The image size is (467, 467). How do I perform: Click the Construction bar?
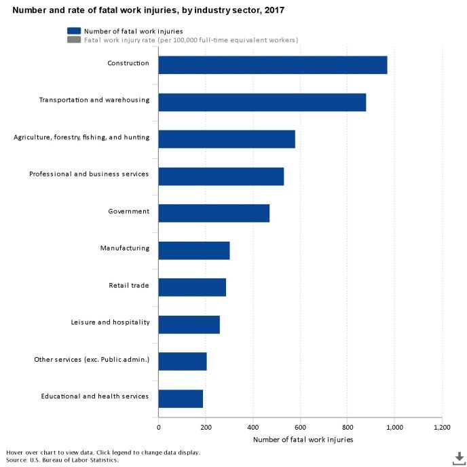[272, 64]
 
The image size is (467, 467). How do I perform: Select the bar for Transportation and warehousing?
[262, 102]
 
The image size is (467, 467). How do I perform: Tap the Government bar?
[214, 212]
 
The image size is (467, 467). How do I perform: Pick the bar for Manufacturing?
[194, 250]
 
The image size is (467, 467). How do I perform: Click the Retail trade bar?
[192, 286]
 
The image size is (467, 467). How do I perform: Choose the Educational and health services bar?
[181, 398]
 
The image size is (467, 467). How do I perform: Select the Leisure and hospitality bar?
[189, 324]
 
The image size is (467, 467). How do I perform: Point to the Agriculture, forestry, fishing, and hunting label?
[81, 137]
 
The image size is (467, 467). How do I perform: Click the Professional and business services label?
[89, 174]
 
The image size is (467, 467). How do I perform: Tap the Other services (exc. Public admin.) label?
[92, 359]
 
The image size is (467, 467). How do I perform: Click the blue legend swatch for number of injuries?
[73, 31]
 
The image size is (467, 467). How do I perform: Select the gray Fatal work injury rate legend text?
[191, 40]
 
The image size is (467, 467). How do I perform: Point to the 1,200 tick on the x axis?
[442, 428]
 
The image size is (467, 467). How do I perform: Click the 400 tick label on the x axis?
[253, 428]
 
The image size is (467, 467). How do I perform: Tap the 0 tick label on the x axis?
[159, 428]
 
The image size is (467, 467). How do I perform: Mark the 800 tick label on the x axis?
[347, 428]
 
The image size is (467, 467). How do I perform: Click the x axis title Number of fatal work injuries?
[303, 440]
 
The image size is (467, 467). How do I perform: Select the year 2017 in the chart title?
[275, 11]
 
